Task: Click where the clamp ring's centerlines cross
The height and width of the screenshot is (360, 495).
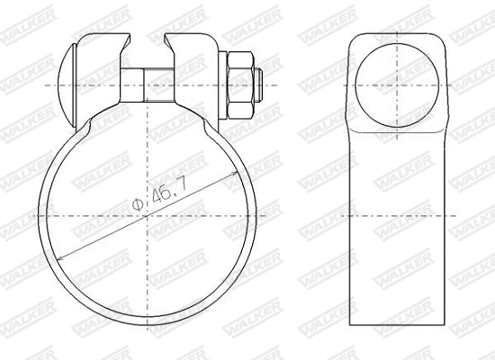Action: [x=150, y=217]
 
